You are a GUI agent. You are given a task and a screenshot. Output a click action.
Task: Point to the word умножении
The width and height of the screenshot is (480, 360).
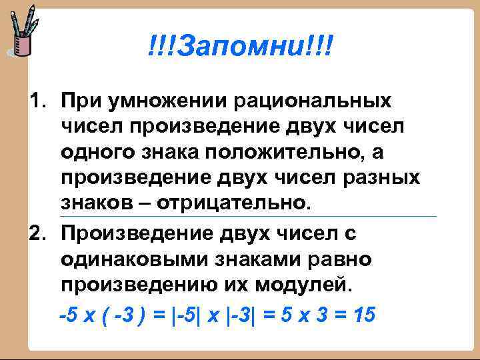point(161,101)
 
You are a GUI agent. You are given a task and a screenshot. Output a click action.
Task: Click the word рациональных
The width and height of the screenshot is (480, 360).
point(313,101)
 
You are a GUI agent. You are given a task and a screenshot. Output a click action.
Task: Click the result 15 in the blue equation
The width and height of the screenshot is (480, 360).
point(366,315)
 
